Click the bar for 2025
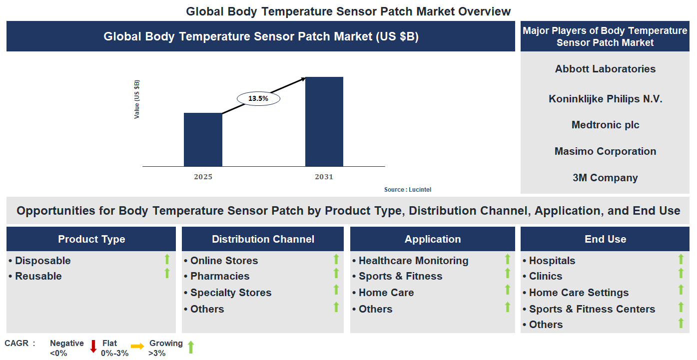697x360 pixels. [x=203, y=139]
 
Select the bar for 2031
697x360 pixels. [x=324, y=121]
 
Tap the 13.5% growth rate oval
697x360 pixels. [x=258, y=99]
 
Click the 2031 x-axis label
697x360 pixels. [x=324, y=177]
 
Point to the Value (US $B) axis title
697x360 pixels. [x=137, y=99]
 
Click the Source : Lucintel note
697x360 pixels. [x=407, y=190]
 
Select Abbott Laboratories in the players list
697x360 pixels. [x=605, y=69]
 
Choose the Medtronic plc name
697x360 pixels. [x=605, y=125]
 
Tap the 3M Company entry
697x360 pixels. [x=605, y=178]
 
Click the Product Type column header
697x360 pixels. [x=91, y=239]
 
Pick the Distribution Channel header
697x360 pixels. [x=263, y=239]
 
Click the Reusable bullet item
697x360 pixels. [x=38, y=276]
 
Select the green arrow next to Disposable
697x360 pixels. [x=167, y=259]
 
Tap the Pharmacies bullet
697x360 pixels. [x=219, y=276]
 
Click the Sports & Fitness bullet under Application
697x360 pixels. [x=400, y=276]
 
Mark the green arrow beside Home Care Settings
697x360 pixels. [x=681, y=290]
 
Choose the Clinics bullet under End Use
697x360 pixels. [x=545, y=276]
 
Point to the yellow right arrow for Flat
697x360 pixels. [x=137, y=346]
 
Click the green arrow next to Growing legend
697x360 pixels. [x=190, y=347]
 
